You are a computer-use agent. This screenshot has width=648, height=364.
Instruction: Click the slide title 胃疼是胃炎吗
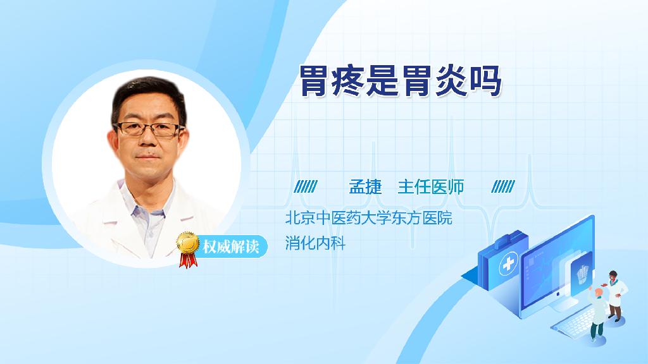(x=400, y=80)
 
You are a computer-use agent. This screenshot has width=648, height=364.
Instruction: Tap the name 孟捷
(x=365, y=187)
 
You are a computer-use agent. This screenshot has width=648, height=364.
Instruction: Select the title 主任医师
(x=430, y=187)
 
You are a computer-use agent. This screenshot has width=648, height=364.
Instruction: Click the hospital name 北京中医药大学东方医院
(x=369, y=218)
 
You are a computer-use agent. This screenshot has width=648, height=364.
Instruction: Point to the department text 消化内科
(x=315, y=243)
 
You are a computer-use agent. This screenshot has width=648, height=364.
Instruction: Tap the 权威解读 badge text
(x=230, y=247)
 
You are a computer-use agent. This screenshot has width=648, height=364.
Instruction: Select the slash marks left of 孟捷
(x=306, y=186)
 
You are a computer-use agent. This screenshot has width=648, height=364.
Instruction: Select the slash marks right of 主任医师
(x=503, y=186)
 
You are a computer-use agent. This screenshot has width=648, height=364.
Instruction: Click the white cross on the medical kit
(x=508, y=264)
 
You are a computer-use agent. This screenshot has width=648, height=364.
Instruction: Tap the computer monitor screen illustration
(x=558, y=264)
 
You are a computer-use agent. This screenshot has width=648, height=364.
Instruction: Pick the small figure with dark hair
(x=615, y=296)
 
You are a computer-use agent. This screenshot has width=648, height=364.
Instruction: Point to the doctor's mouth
(x=147, y=157)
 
